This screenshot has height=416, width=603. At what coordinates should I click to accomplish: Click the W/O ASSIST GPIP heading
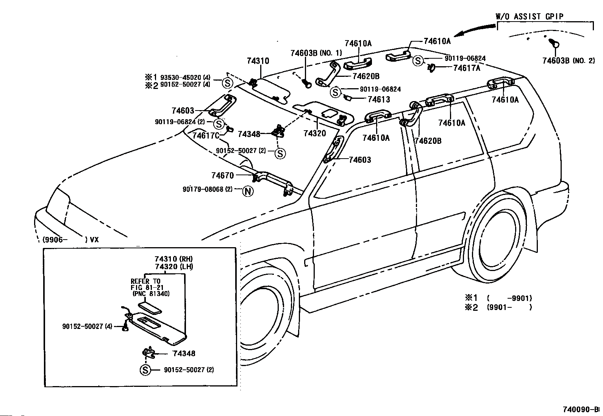pyautogui.click(x=530, y=17)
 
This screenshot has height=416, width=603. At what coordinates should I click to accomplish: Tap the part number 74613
pyautogui.click(x=379, y=100)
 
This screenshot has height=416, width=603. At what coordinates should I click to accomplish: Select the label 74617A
pyautogui.click(x=467, y=68)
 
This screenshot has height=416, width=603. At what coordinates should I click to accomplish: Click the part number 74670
pyautogui.click(x=223, y=175)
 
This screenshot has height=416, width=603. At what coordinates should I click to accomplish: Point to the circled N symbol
pyautogui.click(x=248, y=191)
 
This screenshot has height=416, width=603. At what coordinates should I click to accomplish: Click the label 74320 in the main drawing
pyautogui.click(x=315, y=133)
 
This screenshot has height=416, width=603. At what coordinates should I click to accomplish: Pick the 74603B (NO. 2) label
pyautogui.click(x=569, y=61)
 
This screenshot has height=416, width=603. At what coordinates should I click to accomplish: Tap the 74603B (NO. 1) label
pyautogui.click(x=316, y=53)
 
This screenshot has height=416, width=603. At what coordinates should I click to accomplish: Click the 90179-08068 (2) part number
pyautogui.click(x=208, y=189)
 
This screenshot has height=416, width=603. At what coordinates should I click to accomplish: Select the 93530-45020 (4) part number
pyautogui.click(x=185, y=78)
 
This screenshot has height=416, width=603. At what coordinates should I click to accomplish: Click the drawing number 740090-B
pyautogui.click(x=581, y=410)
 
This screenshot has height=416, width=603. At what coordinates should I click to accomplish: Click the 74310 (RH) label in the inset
pyautogui.click(x=173, y=259)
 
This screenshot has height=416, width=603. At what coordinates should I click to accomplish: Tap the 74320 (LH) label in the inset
pyautogui.click(x=174, y=266)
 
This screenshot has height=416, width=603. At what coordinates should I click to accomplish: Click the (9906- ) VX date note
pyautogui.click(x=71, y=240)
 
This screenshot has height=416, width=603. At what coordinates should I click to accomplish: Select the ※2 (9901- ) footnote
pyautogui.click(x=498, y=307)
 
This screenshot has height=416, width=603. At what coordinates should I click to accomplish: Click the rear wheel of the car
pyautogui.click(x=497, y=240)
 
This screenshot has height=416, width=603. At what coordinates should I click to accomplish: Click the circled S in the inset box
pyautogui.click(x=145, y=370)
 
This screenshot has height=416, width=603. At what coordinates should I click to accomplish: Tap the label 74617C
pyautogui.click(x=206, y=136)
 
